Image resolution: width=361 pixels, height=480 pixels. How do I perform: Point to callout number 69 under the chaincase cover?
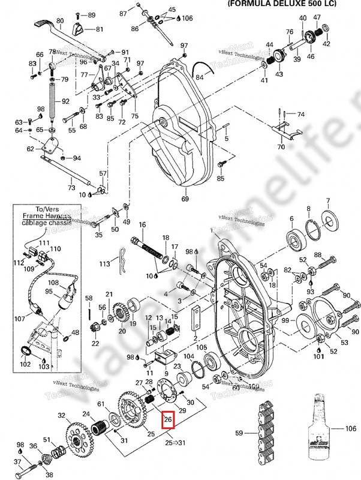point(185,199)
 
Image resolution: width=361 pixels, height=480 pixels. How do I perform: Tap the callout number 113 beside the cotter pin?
point(105,263)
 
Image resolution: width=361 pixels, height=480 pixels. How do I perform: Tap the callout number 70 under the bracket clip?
point(281,146)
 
